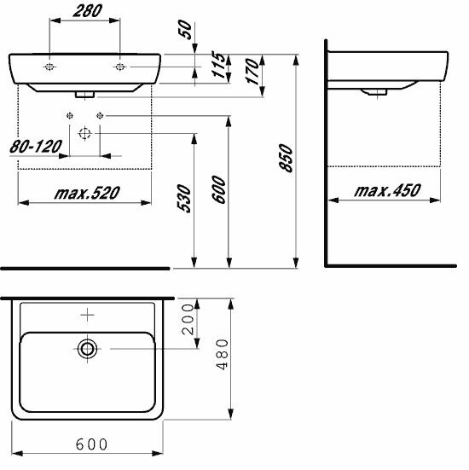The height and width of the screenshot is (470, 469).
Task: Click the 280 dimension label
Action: click(x=88, y=11)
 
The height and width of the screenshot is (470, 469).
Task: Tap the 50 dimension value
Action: click(x=186, y=30)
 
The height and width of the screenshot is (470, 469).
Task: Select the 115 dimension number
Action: click(x=218, y=65)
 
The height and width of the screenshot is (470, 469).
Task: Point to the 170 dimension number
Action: click(x=252, y=72)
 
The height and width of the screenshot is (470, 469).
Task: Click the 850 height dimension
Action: click(x=286, y=159)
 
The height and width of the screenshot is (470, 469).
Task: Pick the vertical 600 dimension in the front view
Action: click(x=219, y=189)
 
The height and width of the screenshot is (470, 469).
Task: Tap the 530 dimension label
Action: click(x=183, y=199)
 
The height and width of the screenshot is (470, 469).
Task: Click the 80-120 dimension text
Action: click(x=36, y=147)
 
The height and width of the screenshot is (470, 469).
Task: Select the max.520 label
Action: click(x=87, y=193)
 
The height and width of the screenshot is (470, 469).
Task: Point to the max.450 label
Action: click(x=387, y=190)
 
